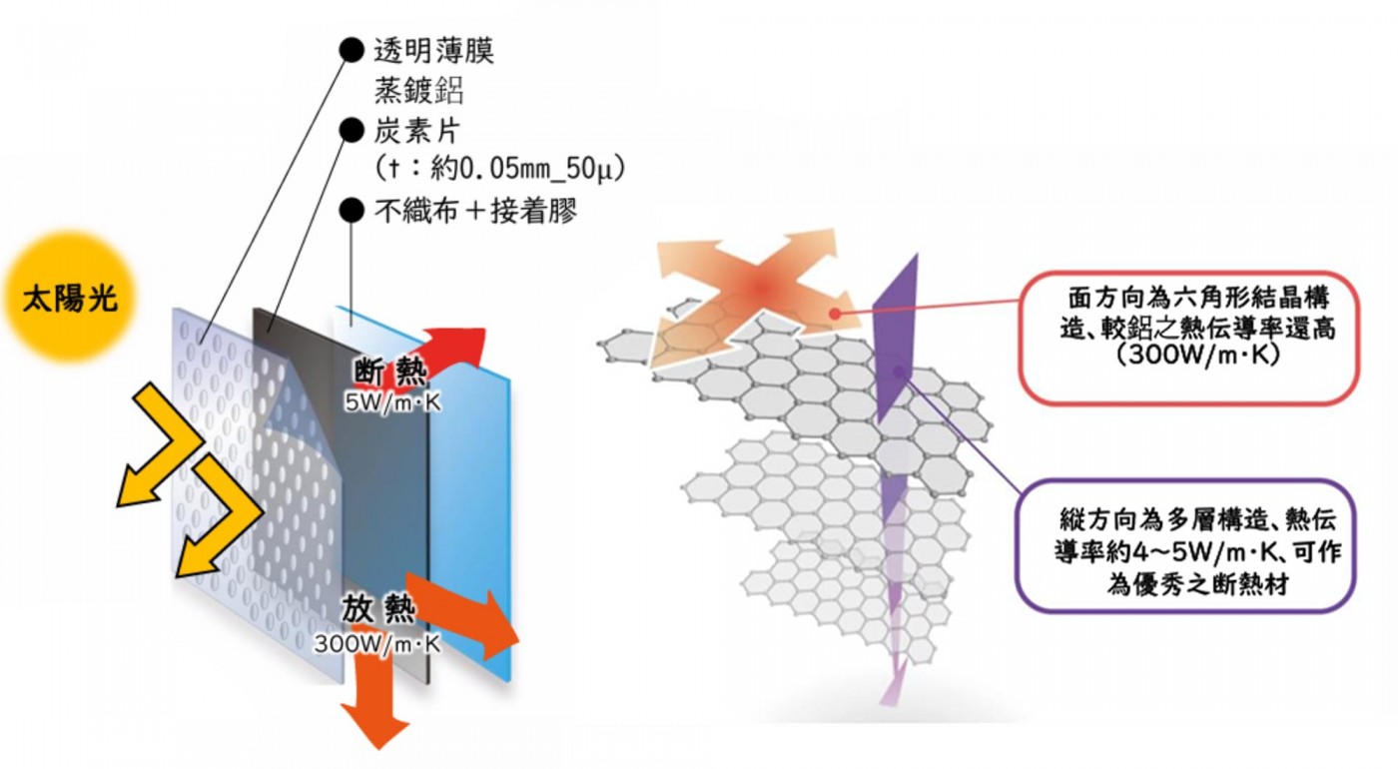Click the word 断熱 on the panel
[390, 372]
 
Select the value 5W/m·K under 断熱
[390, 402]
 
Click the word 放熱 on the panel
[376, 609]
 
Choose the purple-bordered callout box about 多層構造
[1185, 544]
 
